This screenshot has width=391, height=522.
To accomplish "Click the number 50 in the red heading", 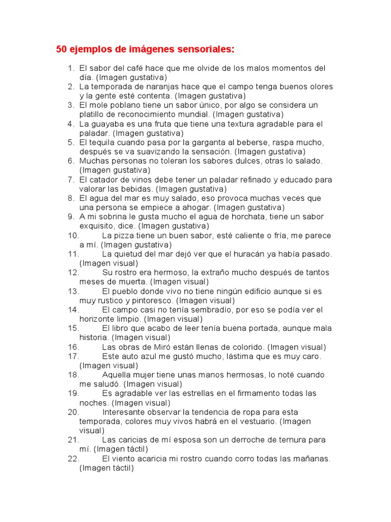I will tap(62, 49).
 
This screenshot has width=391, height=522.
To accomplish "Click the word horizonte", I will tap(100, 319).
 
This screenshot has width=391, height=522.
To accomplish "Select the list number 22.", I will tap(73, 459).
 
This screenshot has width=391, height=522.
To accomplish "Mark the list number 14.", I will tap(73, 309).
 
